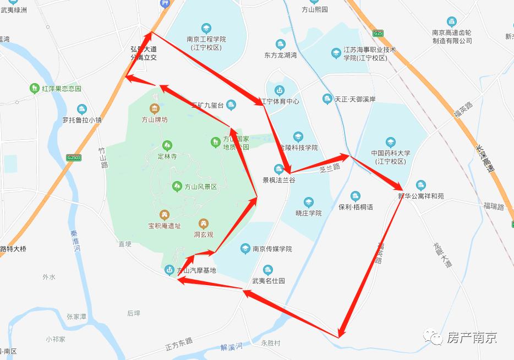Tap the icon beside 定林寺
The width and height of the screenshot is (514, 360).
tap(167, 145)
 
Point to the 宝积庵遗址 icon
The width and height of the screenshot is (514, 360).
tap(164, 214)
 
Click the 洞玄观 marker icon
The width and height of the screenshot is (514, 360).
tap(204, 223)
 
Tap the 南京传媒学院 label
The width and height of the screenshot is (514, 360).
tap(272, 249)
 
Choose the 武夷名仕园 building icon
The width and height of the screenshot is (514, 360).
tap(267, 270)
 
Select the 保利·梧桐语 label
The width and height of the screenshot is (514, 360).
tap(356, 207)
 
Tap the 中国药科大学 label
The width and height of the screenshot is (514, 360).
tap(390, 157)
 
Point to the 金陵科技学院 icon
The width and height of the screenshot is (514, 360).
tap(298, 137)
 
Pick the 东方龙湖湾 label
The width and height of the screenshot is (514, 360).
tap(280, 55)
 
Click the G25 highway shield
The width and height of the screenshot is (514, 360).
tap(378, 33)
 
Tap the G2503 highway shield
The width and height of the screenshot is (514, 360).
tap(73, 157)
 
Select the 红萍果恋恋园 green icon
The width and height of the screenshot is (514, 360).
tap(34, 88)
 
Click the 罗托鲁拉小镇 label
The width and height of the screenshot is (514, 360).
tap(82, 119)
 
